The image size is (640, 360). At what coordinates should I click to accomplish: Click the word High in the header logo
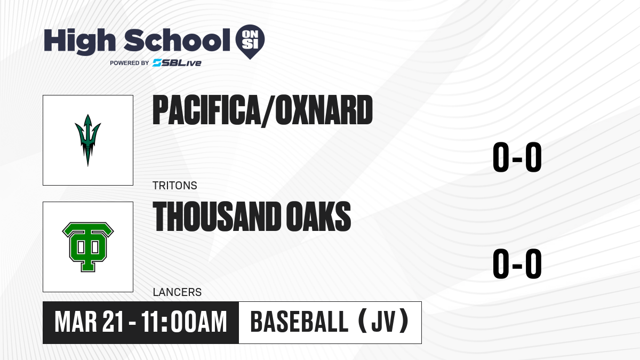point(79,42)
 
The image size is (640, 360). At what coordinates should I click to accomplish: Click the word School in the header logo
point(177,40)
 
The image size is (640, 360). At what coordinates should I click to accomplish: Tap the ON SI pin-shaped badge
point(250,42)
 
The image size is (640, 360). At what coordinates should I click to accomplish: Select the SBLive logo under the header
point(177,62)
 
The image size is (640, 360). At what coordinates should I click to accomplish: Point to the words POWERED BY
point(130,63)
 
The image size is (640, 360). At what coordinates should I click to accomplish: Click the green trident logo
point(87,140)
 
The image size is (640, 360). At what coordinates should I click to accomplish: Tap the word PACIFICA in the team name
point(206,110)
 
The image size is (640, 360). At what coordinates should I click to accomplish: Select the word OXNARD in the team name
point(324,110)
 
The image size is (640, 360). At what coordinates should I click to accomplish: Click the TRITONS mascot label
point(175,186)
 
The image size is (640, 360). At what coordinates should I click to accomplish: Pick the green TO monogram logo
point(88,247)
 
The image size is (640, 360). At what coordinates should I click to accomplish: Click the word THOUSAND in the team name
point(217,217)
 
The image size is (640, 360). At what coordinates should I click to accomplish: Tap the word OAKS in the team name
point(318,217)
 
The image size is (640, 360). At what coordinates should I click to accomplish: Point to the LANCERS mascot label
point(177,292)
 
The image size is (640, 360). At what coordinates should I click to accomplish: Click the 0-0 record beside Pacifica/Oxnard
point(517,157)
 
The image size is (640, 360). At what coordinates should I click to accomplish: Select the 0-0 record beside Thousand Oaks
point(517,263)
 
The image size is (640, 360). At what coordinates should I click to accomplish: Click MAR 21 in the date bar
point(90,322)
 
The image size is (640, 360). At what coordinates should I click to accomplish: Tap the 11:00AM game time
point(184,322)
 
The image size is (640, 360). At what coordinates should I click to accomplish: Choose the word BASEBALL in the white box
point(299,322)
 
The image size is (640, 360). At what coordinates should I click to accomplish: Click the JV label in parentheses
point(383,322)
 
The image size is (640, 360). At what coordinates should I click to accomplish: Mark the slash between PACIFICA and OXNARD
point(268,111)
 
